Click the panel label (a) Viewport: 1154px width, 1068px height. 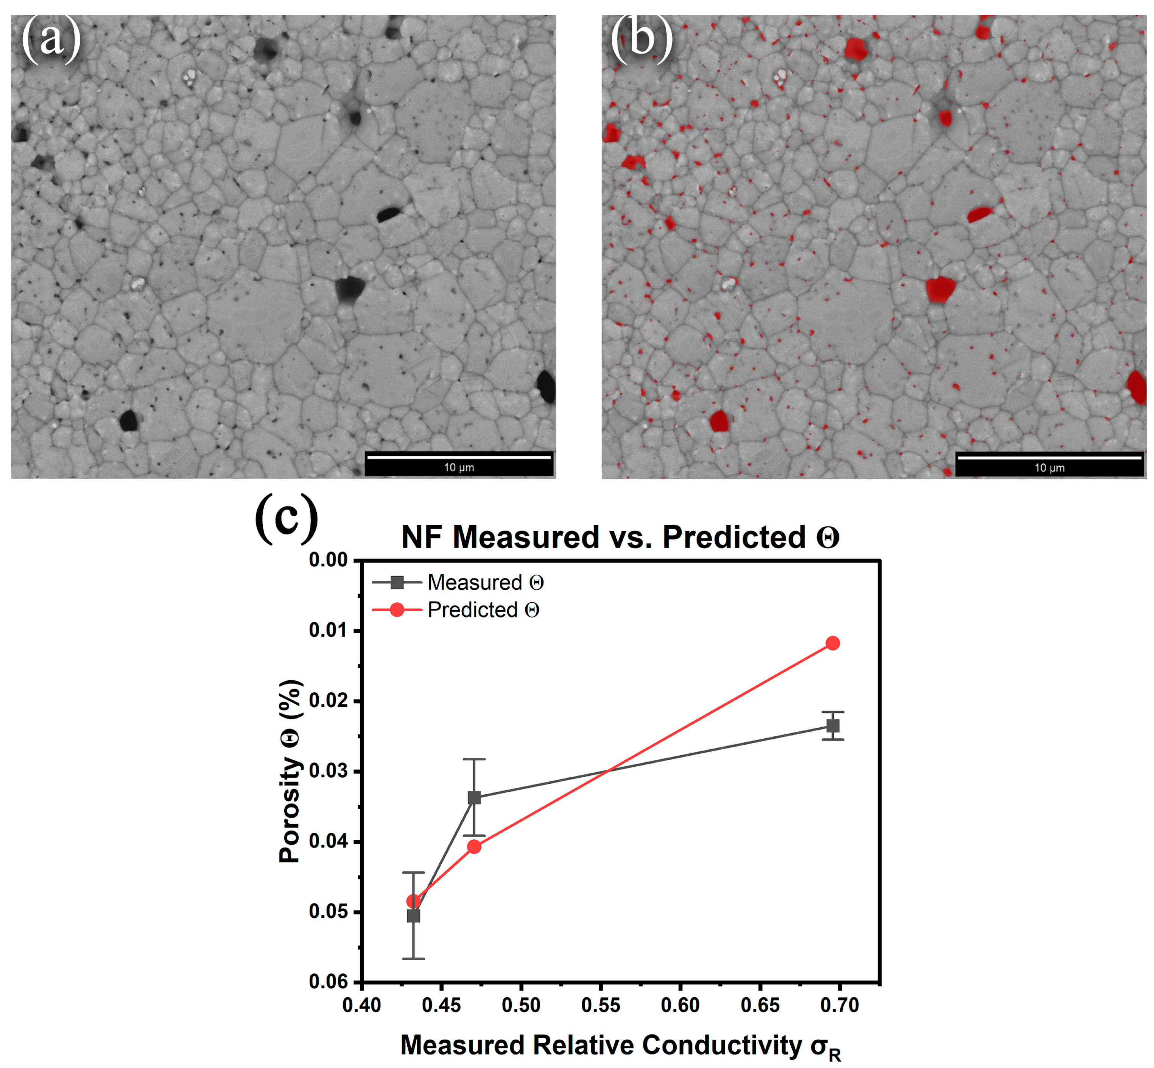[x=51, y=39]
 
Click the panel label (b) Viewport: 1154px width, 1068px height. [x=642, y=39]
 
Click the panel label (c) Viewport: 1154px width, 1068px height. [x=287, y=517]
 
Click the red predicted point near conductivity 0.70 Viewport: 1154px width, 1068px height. [x=833, y=643]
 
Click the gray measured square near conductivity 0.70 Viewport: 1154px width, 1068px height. [x=833, y=726]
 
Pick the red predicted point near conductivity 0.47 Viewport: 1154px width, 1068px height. [x=474, y=847]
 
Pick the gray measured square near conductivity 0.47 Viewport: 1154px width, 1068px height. [x=474, y=798]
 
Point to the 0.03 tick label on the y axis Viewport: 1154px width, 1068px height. [x=328, y=771]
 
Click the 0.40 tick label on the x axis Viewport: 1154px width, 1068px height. [x=362, y=1006]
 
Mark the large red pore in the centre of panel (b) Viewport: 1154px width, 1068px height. [x=940, y=289]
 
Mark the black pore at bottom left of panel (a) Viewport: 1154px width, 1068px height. [x=128, y=420]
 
